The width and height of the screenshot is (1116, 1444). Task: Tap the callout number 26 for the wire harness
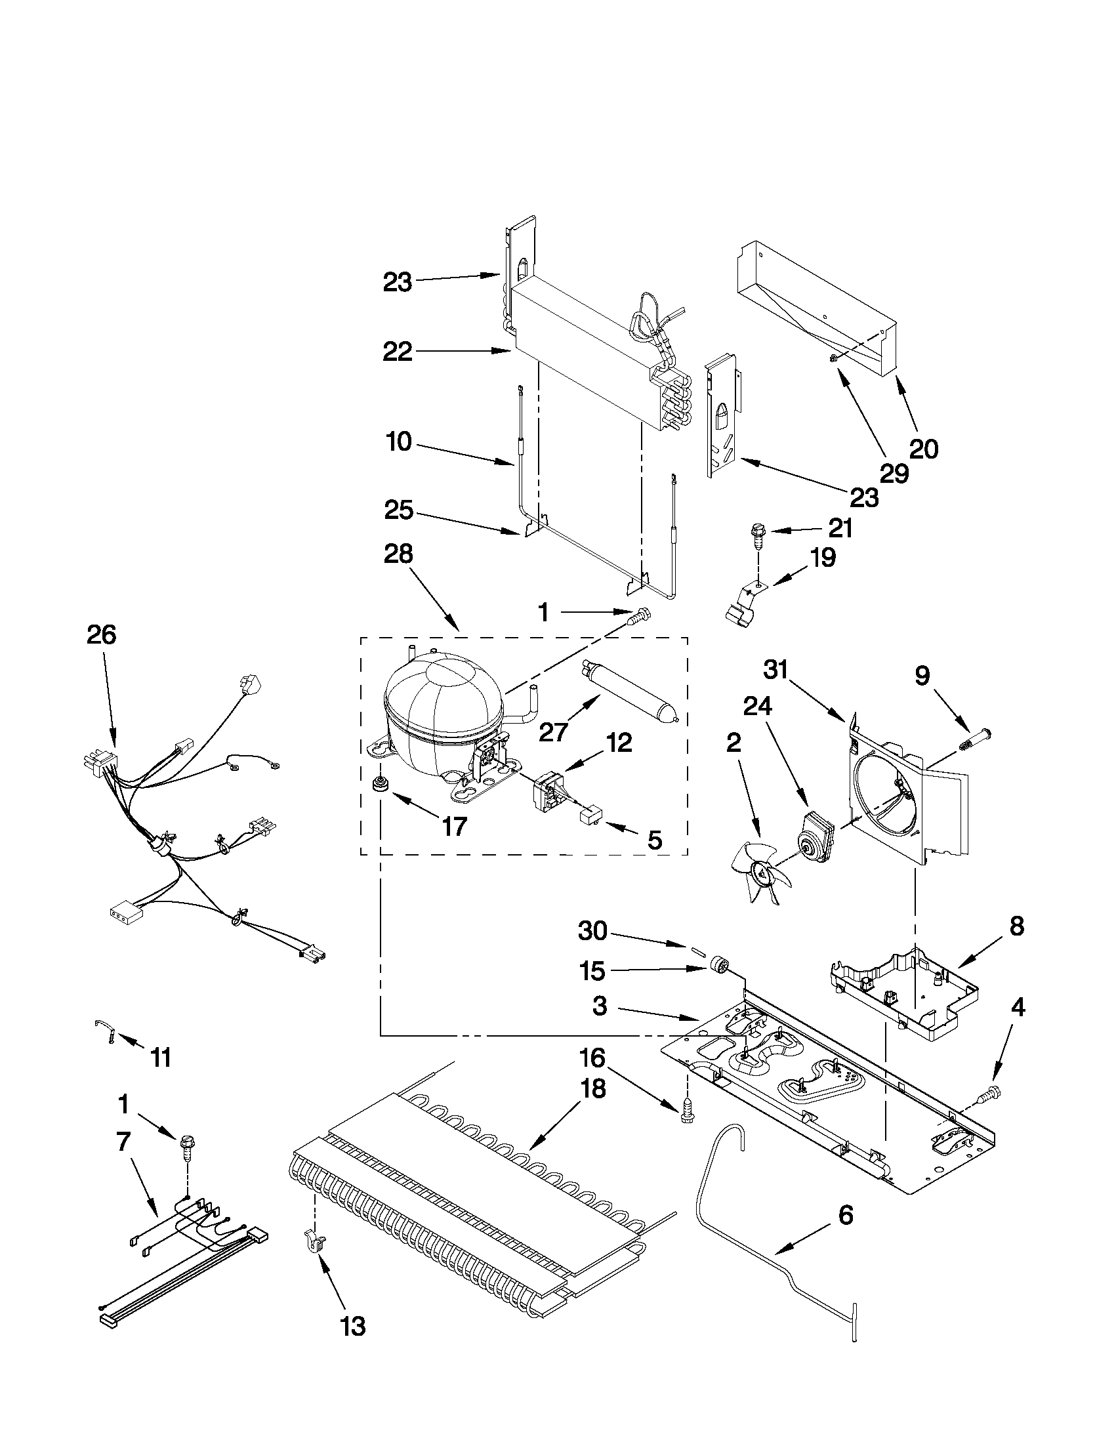(101, 635)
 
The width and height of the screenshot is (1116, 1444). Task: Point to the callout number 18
(593, 1088)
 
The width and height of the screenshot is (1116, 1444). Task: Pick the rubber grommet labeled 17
(381, 785)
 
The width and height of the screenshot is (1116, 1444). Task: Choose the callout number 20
(924, 449)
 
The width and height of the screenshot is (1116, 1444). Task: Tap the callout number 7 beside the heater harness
(123, 1142)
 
